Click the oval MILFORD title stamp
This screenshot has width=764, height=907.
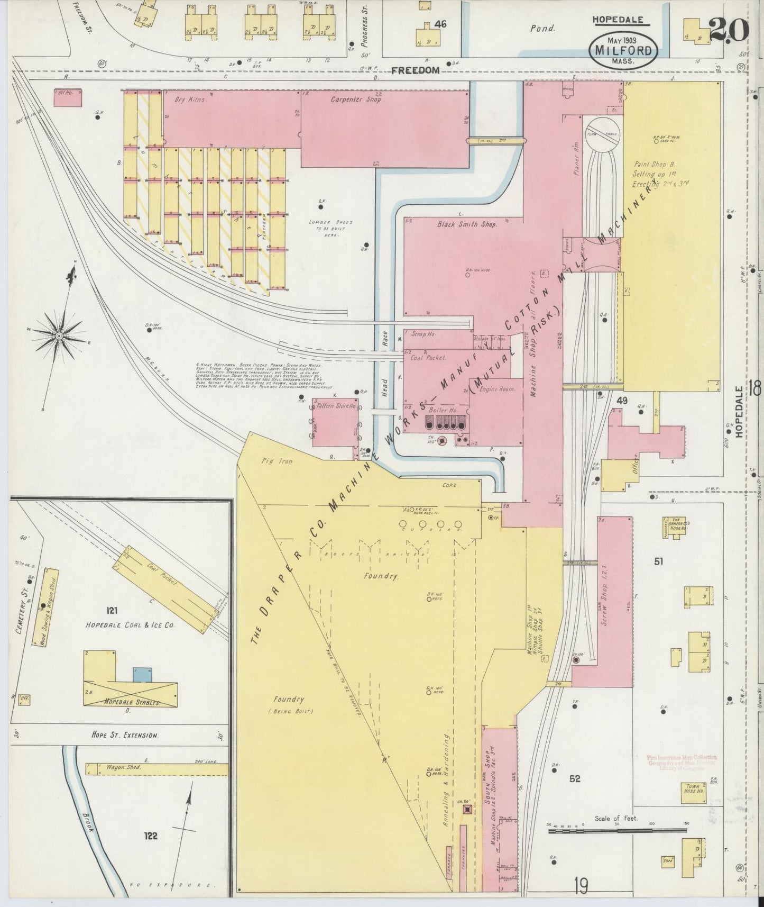[x=624, y=50]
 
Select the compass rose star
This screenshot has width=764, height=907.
[x=60, y=335]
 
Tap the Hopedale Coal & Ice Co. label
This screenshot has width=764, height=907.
[x=130, y=625]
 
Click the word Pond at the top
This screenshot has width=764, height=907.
[x=542, y=29]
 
